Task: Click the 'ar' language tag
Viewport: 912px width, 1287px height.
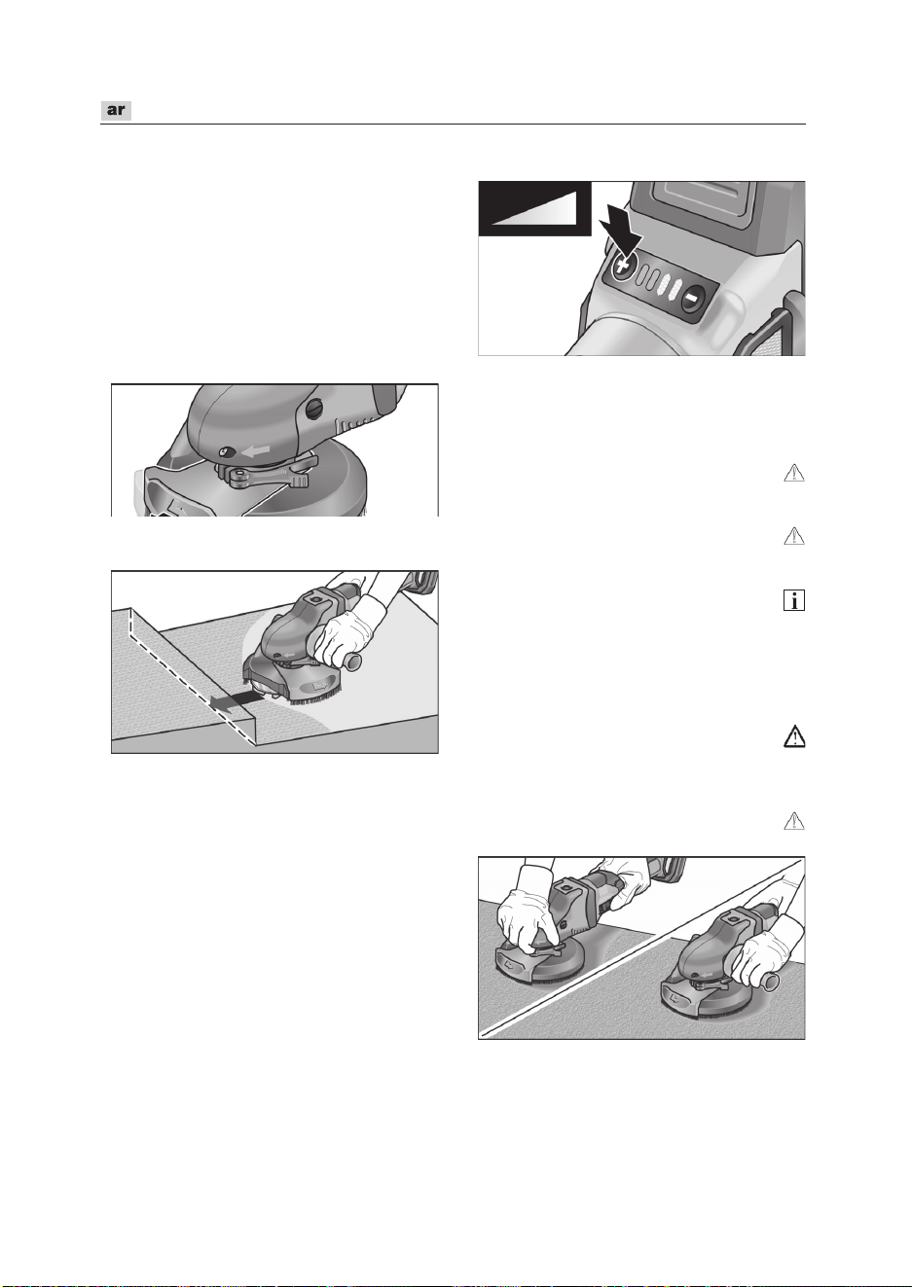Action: click(116, 110)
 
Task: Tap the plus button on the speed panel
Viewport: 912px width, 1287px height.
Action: click(622, 266)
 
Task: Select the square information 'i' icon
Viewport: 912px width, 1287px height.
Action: click(793, 600)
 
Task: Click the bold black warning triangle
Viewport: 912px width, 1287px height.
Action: click(794, 736)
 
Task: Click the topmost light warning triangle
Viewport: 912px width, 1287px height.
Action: click(794, 473)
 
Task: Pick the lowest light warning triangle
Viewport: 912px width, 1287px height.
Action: click(794, 821)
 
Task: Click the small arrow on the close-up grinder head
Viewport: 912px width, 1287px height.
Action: click(256, 452)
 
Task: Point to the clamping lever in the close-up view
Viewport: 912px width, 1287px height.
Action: click(269, 471)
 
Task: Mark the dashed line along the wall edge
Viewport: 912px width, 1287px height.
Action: click(193, 679)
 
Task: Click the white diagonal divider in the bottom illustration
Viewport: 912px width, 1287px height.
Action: click(641, 948)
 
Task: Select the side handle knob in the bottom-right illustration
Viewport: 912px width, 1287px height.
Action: click(771, 983)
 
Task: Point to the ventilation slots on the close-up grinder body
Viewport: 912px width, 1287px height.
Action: click(352, 426)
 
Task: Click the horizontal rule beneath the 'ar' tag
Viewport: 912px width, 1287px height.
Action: click(454, 124)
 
